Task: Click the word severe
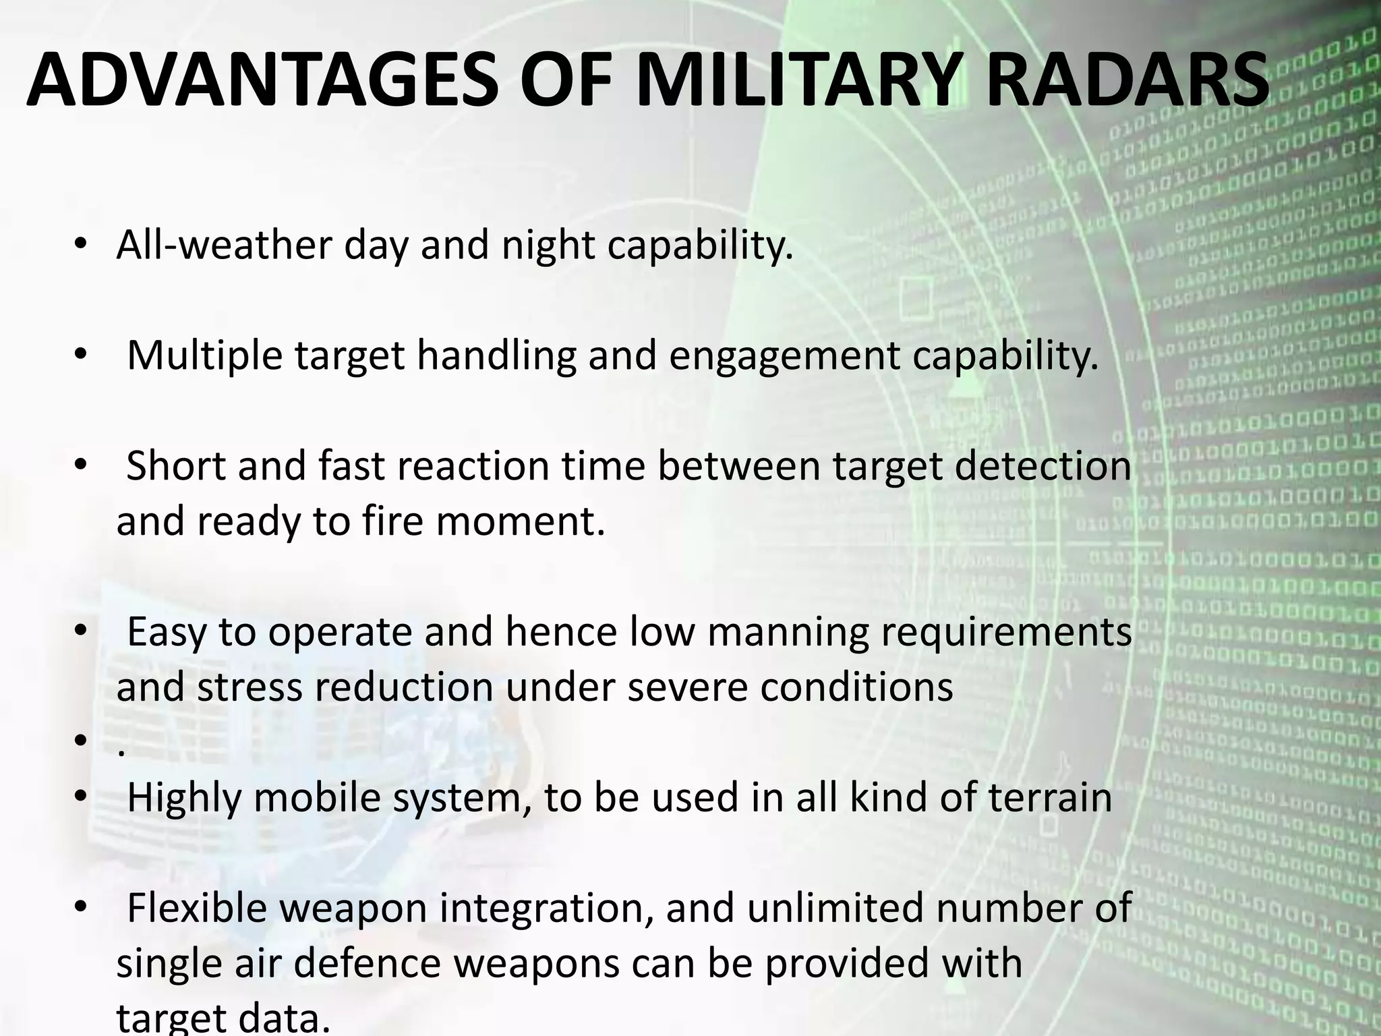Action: (x=687, y=687)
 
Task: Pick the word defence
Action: (x=367, y=963)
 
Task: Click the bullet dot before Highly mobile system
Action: (x=80, y=798)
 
